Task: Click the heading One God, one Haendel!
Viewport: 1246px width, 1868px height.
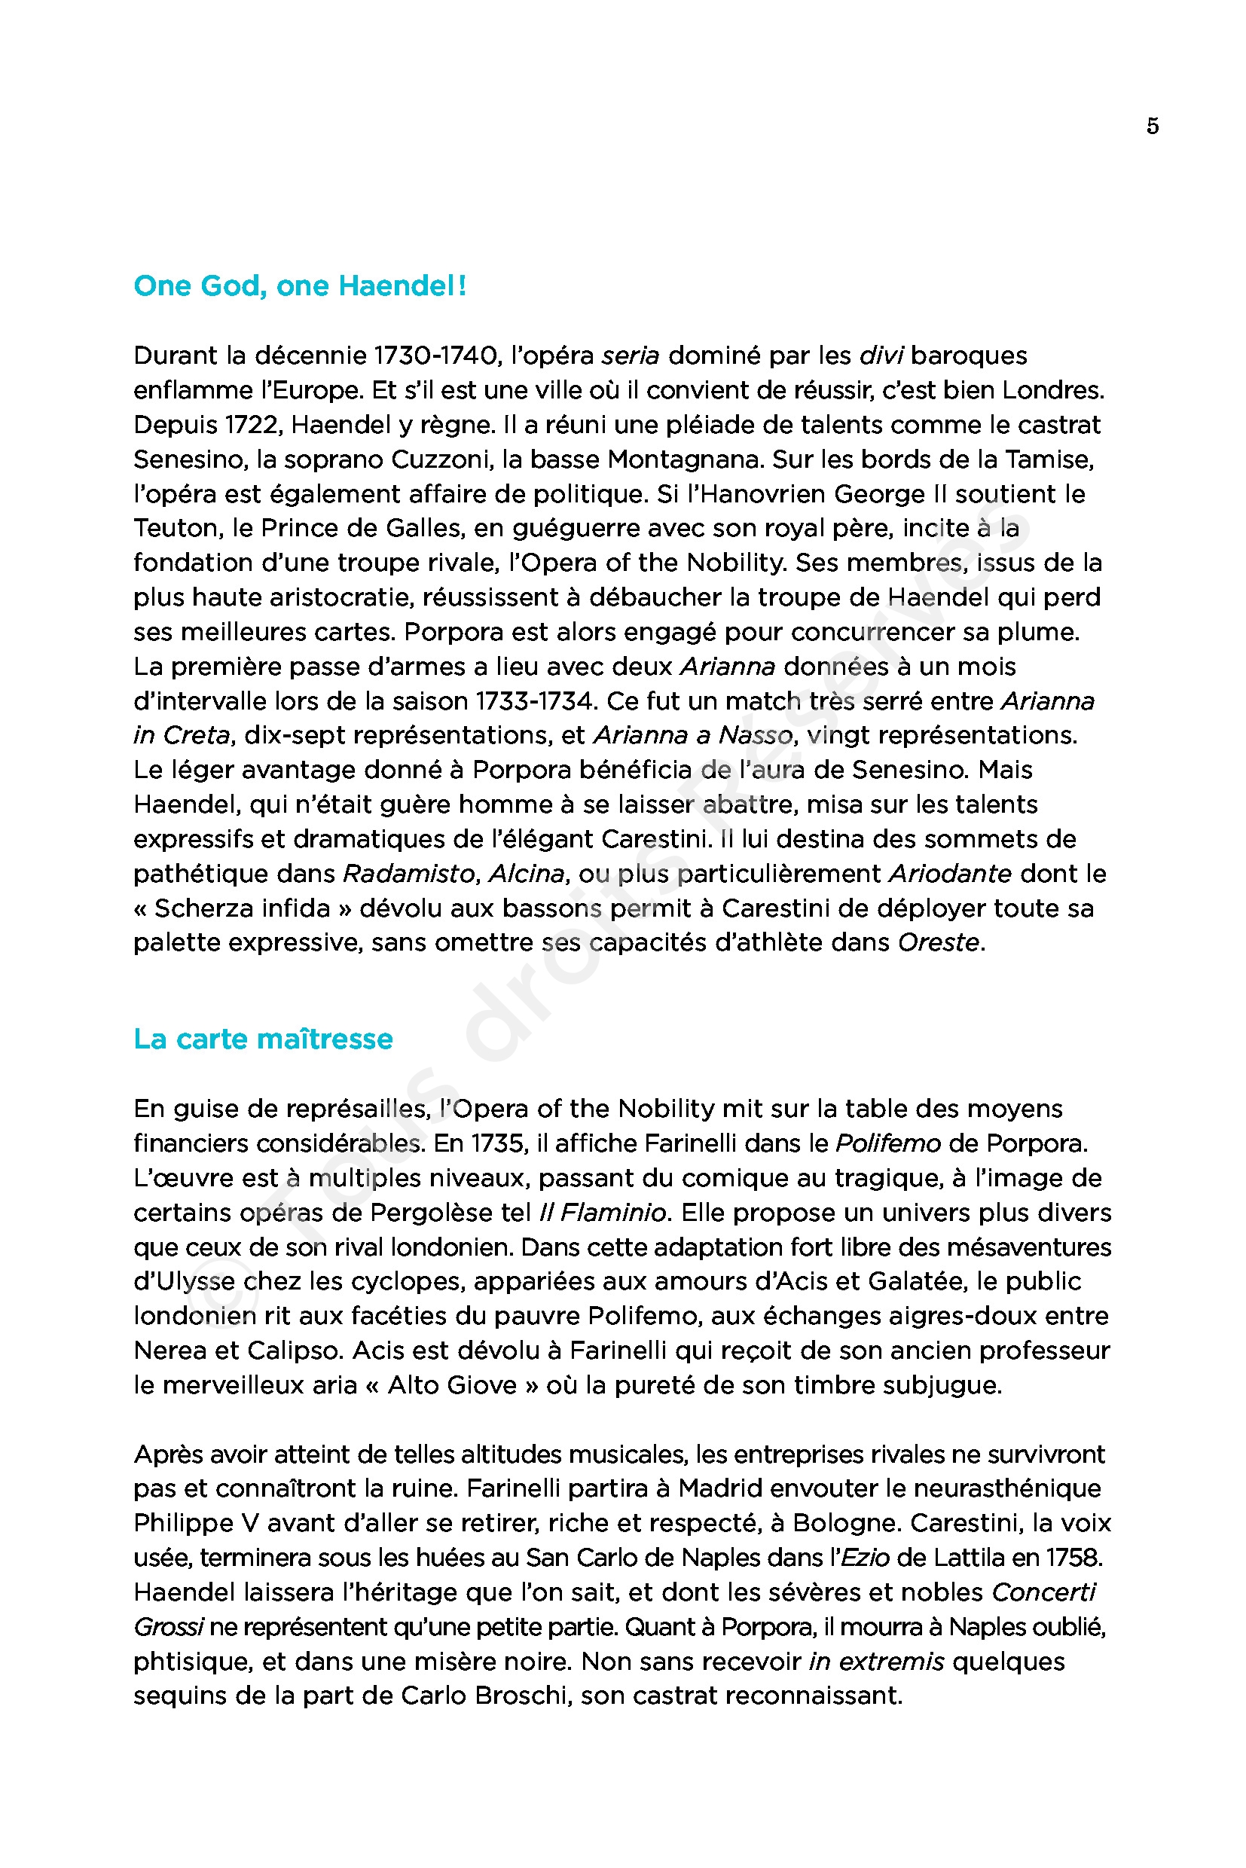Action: [x=300, y=286]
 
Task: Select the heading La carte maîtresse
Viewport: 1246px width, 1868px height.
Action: [x=263, y=1039]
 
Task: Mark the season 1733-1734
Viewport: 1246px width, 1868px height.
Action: [x=534, y=700]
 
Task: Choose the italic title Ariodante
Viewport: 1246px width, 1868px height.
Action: [x=950, y=874]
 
